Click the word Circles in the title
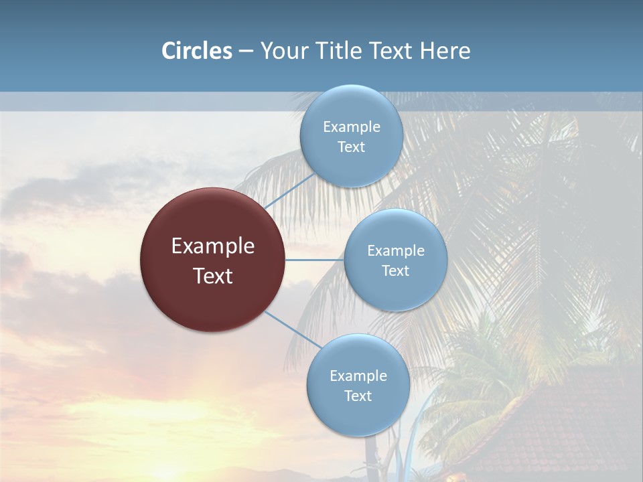click(197, 51)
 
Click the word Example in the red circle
click(213, 246)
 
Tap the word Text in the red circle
click(213, 276)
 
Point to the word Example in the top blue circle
click(352, 127)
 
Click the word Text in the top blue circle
click(352, 147)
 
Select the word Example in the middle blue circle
click(396, 251)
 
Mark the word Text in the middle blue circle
click(396, 271)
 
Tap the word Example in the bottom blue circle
click(358, 376)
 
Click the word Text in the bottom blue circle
click(358, 396)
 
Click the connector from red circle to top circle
click(289, 191)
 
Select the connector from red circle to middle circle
click(315, 260)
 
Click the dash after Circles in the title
click(246, 51)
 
